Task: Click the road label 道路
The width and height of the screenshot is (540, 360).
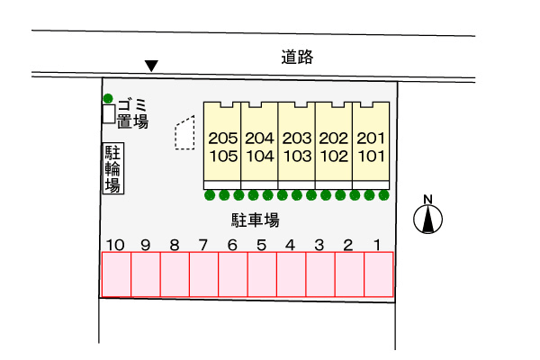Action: (x=296, y=58)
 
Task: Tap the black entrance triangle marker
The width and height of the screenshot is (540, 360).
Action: (x=152, y=66)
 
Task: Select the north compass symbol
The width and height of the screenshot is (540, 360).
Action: (x=428, y=217)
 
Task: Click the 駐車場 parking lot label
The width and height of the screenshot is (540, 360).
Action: (x=255, y=220)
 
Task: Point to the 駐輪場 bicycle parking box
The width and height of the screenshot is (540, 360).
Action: (x=113, y=168)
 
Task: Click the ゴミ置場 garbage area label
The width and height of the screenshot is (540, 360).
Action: (x=131, y=112)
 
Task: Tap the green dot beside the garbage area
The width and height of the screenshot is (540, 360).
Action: (x=108, y=98)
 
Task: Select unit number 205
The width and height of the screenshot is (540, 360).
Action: (x=222, y=139)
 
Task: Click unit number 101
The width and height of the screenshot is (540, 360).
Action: (x=371, y=155)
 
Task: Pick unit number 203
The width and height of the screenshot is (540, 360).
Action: (x=296, y=139)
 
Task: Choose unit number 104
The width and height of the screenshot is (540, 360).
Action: (x=259, y=155)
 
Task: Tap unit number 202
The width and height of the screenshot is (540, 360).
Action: (x=333, y=139)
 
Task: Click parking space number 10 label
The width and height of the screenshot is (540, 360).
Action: (x=114, y=244)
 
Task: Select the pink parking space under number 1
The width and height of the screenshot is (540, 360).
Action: (x=379, y=274)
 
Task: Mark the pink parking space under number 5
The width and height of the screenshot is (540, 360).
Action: (x=262, y=274)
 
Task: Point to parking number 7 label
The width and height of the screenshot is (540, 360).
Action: (x=203, y=244)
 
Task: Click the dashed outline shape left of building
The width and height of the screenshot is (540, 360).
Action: (x=184, y=132)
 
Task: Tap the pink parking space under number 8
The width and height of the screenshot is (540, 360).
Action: (x=175, y=274)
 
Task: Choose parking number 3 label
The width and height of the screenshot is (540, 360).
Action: (x=319, y=244)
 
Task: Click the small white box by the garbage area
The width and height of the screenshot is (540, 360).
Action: (x=108, y=114)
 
